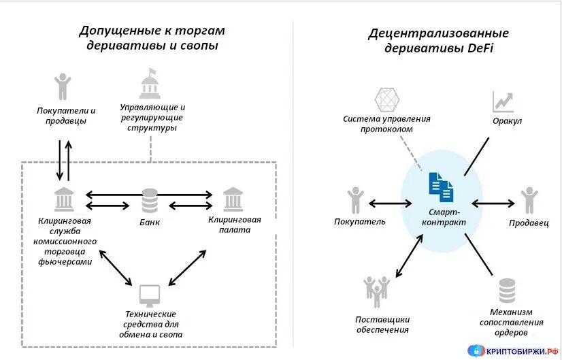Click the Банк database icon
[149, 200]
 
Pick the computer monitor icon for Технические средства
[150, 295]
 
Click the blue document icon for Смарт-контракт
[441, 186]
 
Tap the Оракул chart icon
[503, 102]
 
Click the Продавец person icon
[529, 201]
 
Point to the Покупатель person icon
[355, 201]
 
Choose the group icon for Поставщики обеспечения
[376, 291]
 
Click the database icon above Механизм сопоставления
[507, 291]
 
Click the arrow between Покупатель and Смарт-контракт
[390, 202]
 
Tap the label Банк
[148, 223]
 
